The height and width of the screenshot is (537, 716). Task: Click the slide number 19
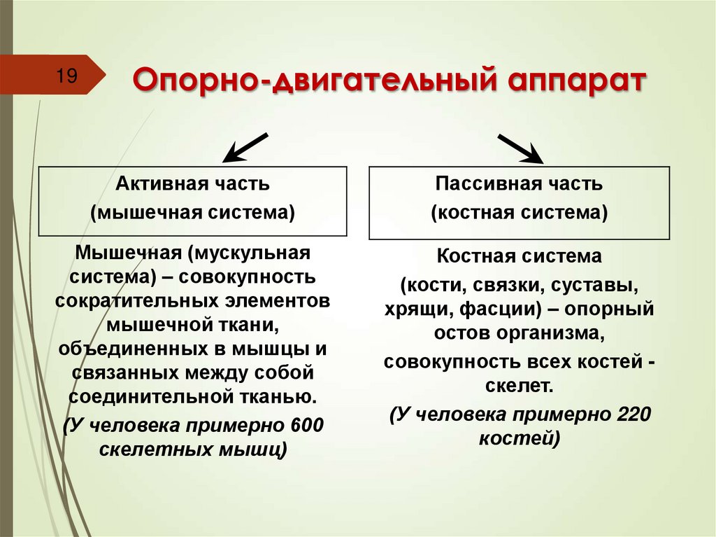tap(67, 76)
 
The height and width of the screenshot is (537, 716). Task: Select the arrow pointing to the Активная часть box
tap(245, 146)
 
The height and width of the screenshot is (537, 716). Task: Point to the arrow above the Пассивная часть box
tap(521, 147)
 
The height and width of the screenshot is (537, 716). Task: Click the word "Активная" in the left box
tap(157, 185)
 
